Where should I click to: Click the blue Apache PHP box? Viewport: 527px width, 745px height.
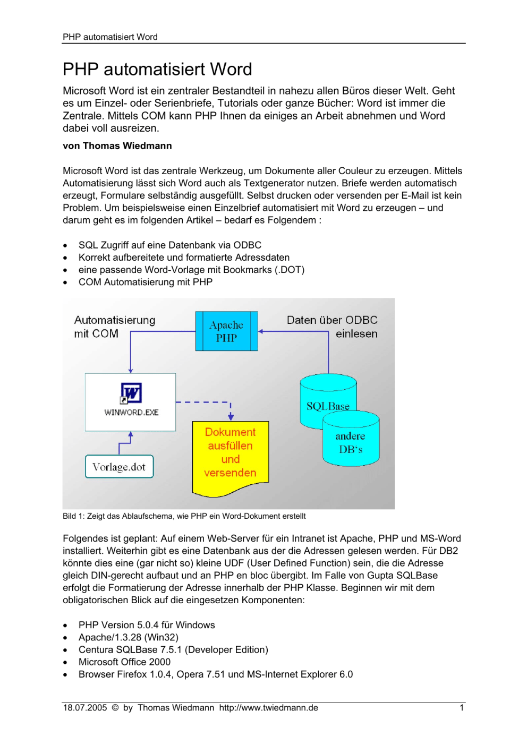pos(226,331)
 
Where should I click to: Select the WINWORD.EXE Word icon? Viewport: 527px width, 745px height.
pos(131,393)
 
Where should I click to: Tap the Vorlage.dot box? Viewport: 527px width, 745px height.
pos(119,467)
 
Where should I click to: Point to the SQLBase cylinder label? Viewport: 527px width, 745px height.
pos(328,406)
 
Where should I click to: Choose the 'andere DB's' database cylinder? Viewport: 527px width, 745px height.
pos(351,439)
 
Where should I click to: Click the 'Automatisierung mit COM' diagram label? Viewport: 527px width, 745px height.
pos(114,327)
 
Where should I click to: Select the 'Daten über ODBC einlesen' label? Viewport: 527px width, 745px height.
pos(332,327)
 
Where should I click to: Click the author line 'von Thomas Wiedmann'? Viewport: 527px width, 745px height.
pos(117,145)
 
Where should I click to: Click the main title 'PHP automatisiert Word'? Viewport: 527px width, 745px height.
pos(157,69)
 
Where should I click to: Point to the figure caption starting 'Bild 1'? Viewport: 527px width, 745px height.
pos(184,516)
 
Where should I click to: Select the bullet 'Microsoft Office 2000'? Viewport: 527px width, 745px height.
pos(124,662)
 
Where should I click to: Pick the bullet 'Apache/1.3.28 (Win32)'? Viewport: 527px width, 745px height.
pos(129,637)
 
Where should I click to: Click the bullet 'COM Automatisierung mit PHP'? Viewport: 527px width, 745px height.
pos(146,282)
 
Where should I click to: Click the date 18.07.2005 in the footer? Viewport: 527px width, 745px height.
pos(85,707)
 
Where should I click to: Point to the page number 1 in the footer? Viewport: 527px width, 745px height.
pos(462,707)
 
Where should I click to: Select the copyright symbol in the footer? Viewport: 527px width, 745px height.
pos(115,707)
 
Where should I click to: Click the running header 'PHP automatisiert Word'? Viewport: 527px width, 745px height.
pos(110,37)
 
